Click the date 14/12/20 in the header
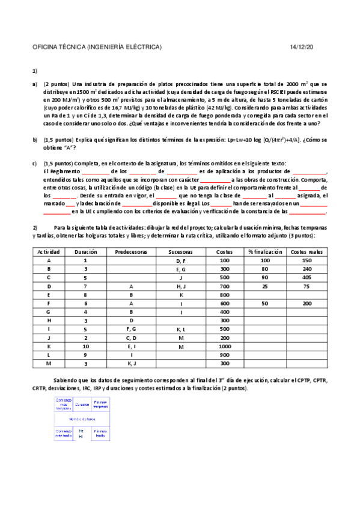302,47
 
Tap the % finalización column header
264,251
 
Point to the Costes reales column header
307,251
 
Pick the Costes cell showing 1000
224,346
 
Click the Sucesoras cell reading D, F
182,260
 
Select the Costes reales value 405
307,278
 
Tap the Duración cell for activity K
85,346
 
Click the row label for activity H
47,321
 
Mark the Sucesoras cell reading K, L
182,329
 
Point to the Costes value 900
224,355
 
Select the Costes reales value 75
307,286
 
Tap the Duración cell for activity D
85,286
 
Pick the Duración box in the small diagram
82,404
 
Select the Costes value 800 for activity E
224,295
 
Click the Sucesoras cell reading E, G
182,269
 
